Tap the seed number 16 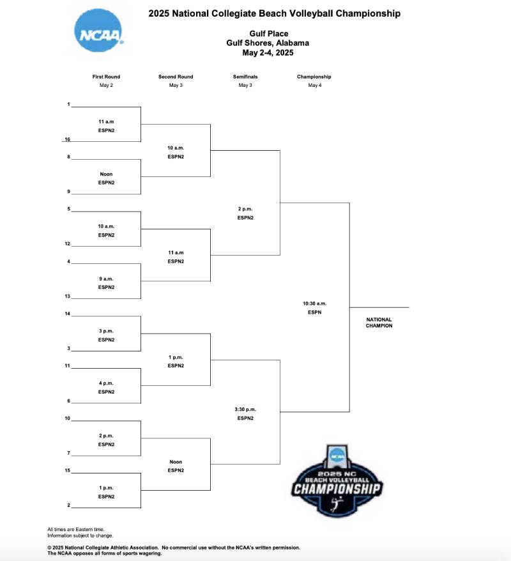tap(67, 139)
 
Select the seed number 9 tap(68, 192)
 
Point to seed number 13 tap(67, 296)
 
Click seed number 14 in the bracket tap(67, 314)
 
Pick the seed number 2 tap(68, 505)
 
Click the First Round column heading tap(106, 77)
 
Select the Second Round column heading tap(176, 77)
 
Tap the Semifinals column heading tap(245, 77)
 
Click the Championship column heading tap(314, 77)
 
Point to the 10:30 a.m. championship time tap(314, 304)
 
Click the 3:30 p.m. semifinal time tap(245, 409)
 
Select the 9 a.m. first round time tap(106, 279)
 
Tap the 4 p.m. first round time tap(106, 383)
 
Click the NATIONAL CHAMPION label tap(379, 323)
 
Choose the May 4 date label tap(314, 85)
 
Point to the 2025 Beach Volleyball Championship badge tap(337, 480)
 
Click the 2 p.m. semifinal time tap(245, 209)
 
